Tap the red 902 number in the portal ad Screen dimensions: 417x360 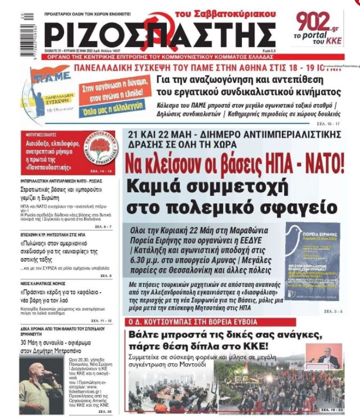pyautogui.click(x=316, y=23)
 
